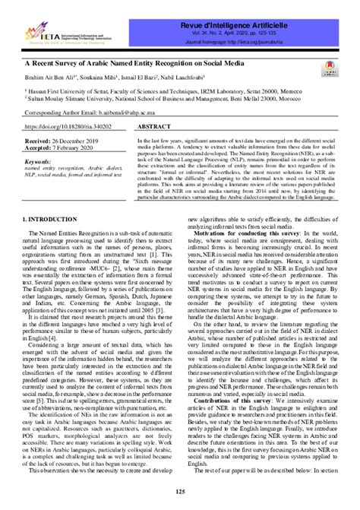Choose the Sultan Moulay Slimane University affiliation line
pyautogui.click(x=163, y=97)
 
